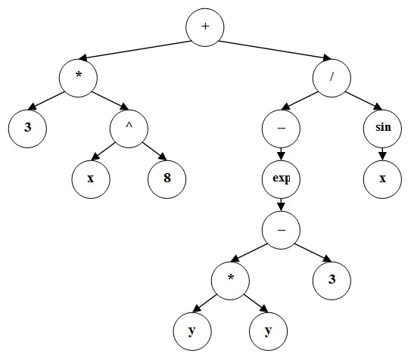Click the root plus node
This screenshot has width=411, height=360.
tap(205, 27)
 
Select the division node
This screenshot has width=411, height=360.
tap(332, 78)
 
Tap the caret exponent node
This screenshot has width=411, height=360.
tap(129, 129)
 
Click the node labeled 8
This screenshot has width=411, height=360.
tap(167, 179)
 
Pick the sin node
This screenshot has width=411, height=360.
tap(382, 129)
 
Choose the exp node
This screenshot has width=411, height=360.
tap(281, 179)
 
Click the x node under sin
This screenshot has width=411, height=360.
tap(382, 179)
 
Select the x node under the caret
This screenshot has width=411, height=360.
tap(91, 179)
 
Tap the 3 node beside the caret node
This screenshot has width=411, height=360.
tap(27, 129)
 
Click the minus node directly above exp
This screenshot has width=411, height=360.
tap(281, 129)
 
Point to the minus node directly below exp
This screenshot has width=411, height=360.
tap(281, 230)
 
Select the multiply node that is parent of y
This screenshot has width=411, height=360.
tap(230, 281)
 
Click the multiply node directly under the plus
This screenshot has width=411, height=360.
tap(78, 78)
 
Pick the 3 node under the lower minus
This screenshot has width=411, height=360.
tap(332, 281)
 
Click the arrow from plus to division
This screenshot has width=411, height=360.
tap(275, 51)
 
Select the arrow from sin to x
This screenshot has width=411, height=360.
tap(382, 154)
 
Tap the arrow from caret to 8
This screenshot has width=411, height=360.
tap(154, 151)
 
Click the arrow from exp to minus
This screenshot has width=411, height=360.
tap(281, 205)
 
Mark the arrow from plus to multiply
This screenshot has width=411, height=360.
tap(135, 50)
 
